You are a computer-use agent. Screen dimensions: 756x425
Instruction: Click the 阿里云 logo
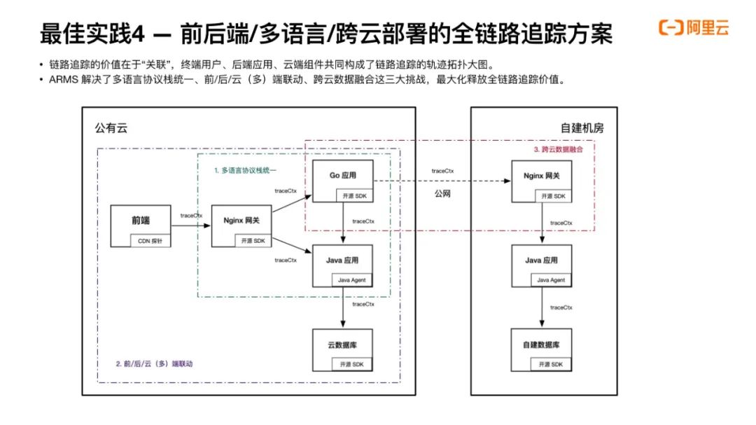(694, 27)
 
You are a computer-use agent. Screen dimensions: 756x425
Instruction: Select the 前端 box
(140, 225)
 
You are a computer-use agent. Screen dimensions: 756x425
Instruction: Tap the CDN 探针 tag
(150, 241)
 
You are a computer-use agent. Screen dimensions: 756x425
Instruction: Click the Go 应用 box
(343, 181)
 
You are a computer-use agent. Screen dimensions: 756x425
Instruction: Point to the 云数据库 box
(343, 350)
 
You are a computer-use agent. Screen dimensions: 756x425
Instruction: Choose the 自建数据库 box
(541, 350)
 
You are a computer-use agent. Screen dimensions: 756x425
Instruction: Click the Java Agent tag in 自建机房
(551, 280)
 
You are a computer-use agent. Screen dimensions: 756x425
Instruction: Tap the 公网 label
(442, 193)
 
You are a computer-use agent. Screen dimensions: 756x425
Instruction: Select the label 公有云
(111, 128)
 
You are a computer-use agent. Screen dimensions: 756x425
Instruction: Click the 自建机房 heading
(582, 128)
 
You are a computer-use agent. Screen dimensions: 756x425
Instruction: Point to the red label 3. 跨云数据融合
(559, 149)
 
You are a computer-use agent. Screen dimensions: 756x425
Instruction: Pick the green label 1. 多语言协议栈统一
(245, 170)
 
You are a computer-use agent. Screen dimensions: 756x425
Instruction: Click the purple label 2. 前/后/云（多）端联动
(154, 363)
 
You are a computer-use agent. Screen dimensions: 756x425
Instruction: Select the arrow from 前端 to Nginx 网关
(191, 225)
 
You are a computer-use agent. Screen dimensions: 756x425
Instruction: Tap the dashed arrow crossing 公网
(442, 181)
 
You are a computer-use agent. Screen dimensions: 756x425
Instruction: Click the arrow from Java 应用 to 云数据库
(343, 308)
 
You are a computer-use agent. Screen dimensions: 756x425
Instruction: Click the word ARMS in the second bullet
(63, 80)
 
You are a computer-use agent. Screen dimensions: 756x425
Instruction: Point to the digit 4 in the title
(138, 34)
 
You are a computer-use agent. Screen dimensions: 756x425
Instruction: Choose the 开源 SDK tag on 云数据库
(352, 364)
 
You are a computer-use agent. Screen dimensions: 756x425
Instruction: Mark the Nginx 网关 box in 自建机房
(541, 181)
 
